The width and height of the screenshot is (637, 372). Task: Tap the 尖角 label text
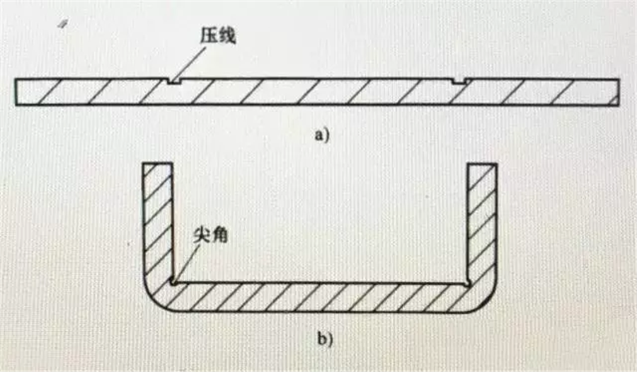click(x=210, y=235)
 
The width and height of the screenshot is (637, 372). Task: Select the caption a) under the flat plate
click(x=322, y=135)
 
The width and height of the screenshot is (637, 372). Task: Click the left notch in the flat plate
click(x=174, y=81)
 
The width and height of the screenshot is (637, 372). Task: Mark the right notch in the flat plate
click(x=459, y=81)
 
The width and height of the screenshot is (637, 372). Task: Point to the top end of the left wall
click(x=158, y=164)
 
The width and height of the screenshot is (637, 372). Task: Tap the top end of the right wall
click(x=482, y=164)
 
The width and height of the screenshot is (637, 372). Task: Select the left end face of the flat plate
click(x=16, y=92)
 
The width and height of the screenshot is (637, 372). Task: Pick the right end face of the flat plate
click(x=619, y=92)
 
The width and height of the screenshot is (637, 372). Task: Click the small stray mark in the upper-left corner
click(x=62, y=24)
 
